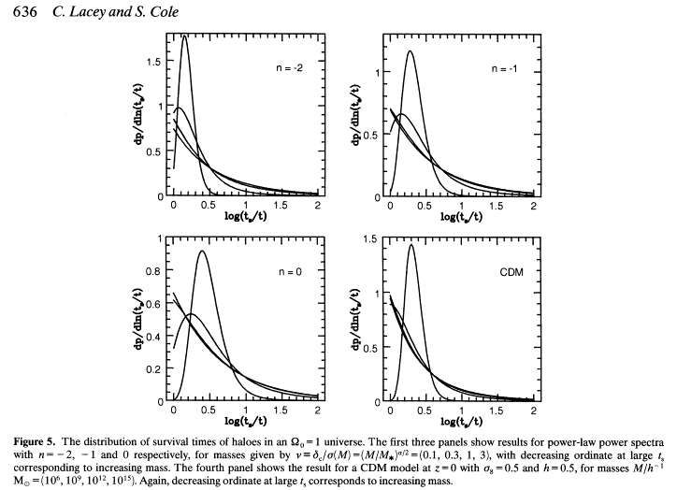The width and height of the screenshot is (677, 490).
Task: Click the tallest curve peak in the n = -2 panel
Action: point(185,36)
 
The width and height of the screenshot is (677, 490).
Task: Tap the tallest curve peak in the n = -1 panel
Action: point(410,51)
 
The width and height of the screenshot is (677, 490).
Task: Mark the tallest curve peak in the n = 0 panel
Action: point(202,251)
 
